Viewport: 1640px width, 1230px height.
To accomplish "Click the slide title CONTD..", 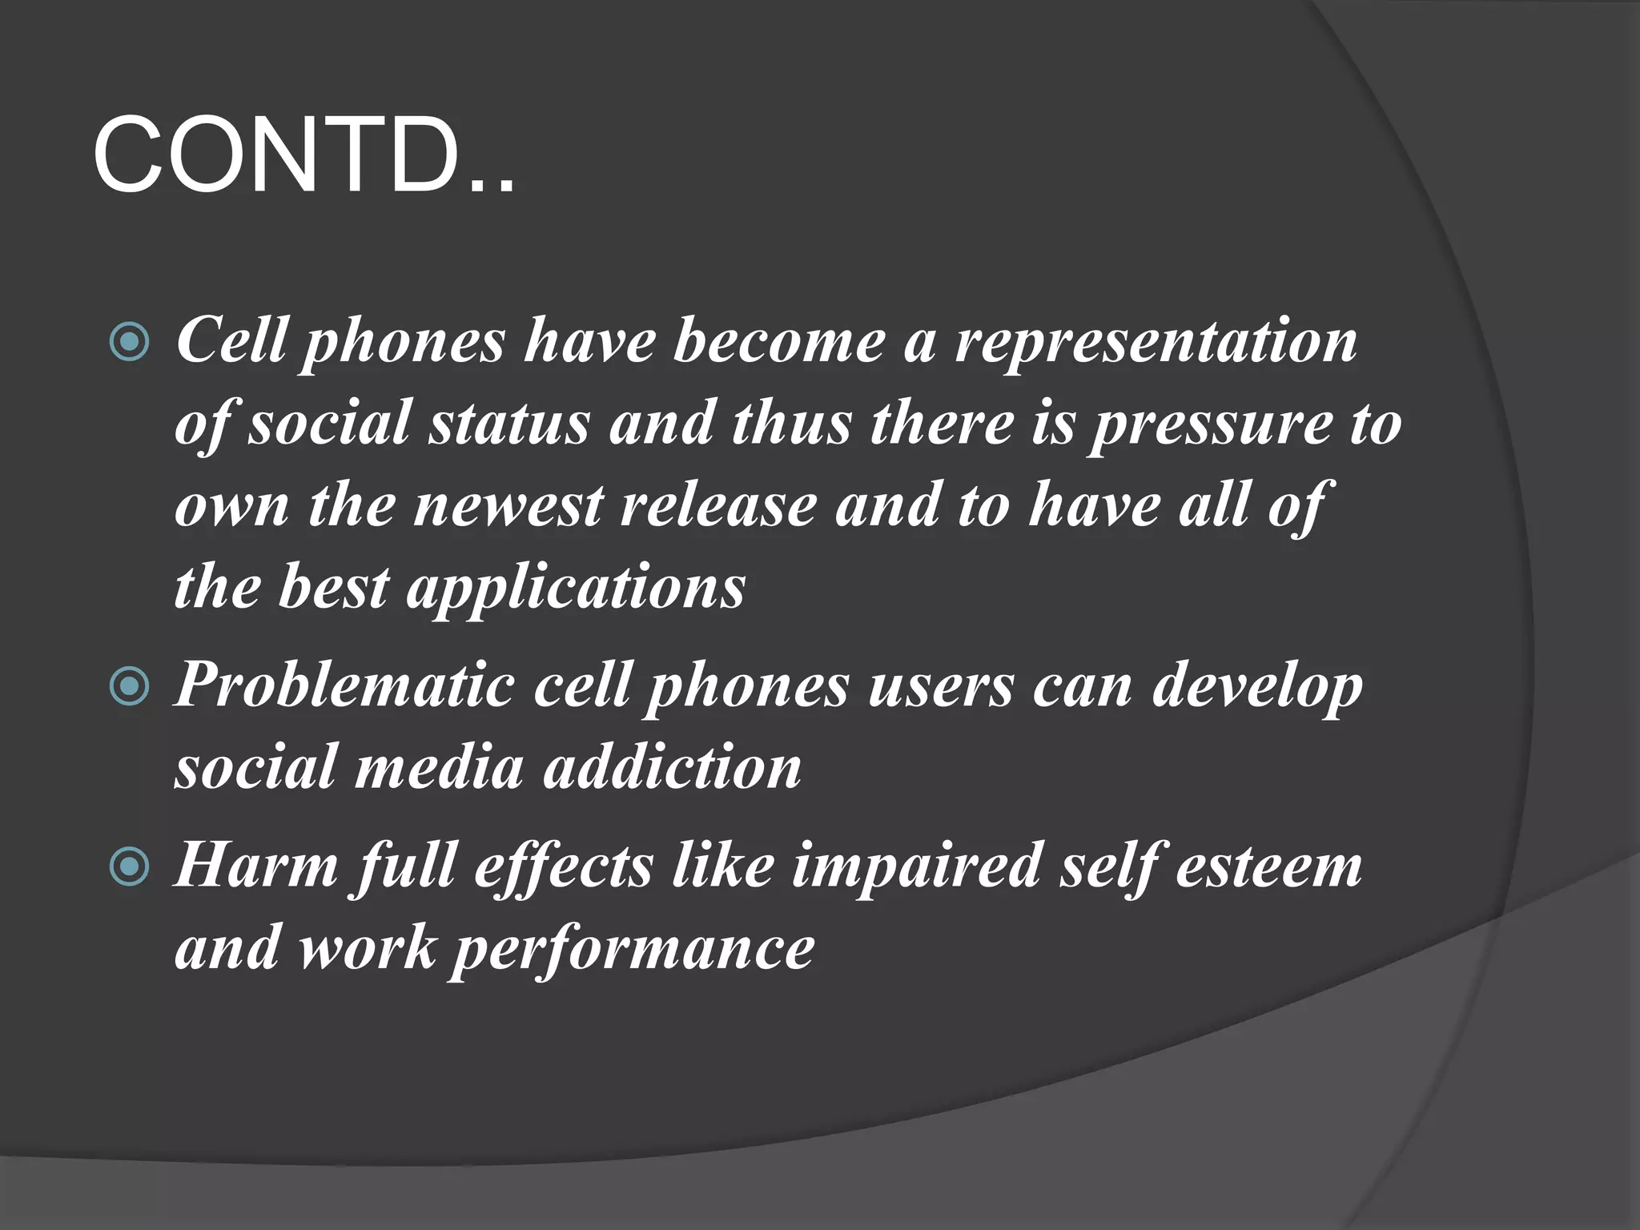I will click(303, 155).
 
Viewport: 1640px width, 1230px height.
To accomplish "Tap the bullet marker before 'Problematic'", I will click(129, 687).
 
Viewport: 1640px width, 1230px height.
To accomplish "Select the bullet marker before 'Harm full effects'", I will click(129, 867).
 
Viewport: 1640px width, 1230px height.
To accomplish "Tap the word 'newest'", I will click(508, 506).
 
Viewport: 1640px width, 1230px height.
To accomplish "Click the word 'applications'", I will click(576, 589).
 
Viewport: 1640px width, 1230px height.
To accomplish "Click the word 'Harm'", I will click(255, 866).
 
